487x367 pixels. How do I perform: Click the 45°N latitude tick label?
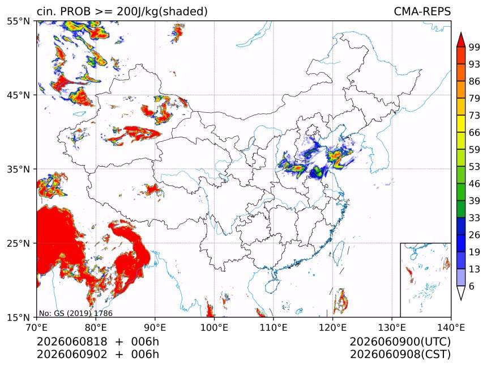coord(18,95)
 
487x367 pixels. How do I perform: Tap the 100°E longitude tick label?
coord(214,327)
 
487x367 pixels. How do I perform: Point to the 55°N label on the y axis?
coord(18,21)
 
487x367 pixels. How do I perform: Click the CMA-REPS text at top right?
coord(422,11)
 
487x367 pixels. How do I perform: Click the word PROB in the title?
coord(75,11)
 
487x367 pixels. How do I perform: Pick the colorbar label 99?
coord(475,47)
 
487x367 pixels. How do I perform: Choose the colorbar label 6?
coord(472,286)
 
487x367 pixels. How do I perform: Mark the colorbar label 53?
coord(475,167)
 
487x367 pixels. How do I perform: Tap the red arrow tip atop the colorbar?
coord(460,33)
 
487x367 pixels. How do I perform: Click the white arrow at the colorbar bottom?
coord(460,293)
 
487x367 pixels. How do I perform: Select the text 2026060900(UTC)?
coord(400,341)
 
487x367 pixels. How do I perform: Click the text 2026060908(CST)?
coord(400,354)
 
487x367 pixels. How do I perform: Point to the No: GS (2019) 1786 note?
coord(75,313)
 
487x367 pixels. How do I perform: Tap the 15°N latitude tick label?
coord(18,317)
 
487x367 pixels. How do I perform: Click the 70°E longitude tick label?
coord(37,327)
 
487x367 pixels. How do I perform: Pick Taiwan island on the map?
coord(338,253)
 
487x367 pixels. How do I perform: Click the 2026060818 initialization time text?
coord(72,341)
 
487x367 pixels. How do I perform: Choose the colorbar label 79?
coord(475,99)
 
